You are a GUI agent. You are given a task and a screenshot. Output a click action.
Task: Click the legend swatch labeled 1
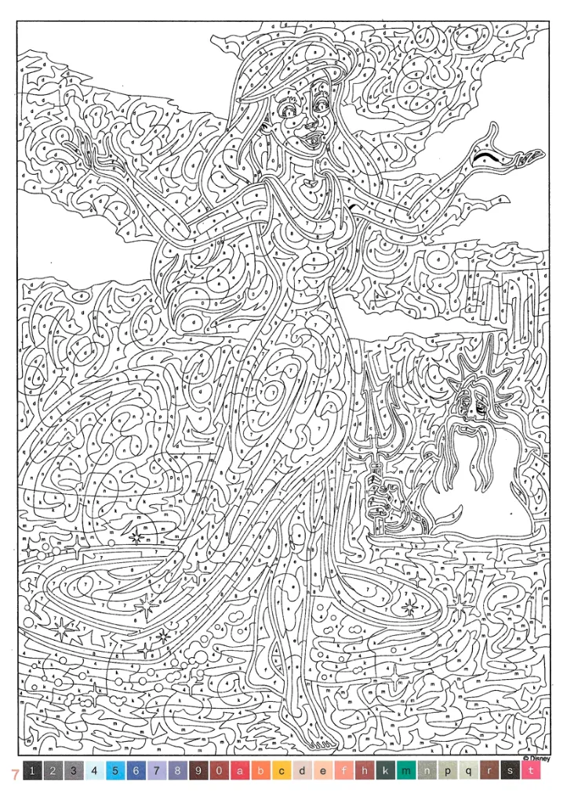tap(32, 771)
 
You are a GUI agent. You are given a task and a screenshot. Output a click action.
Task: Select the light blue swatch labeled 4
tap(94, 771)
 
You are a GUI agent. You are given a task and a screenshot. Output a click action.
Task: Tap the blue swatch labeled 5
tap(114, 771)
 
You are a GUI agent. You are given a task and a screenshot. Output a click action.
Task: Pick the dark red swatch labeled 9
tap(198, 771)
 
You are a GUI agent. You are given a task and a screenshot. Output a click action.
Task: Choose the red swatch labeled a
tap(240, 771)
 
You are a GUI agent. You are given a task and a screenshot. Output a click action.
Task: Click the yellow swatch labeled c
tap(282, 771)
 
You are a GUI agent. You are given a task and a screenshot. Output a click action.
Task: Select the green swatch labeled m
tap(406, 771)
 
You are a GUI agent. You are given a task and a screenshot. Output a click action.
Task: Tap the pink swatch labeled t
tap(531, 771)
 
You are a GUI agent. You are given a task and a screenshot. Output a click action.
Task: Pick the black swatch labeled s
tap(511, 771)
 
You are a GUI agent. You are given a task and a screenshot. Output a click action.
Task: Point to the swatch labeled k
tap(386, 771)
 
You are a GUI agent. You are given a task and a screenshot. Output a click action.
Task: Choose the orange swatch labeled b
tap(260, 771)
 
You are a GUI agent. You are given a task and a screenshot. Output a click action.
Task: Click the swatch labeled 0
tap(219, 771)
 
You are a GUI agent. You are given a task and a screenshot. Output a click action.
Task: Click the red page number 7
tap(13, 773)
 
